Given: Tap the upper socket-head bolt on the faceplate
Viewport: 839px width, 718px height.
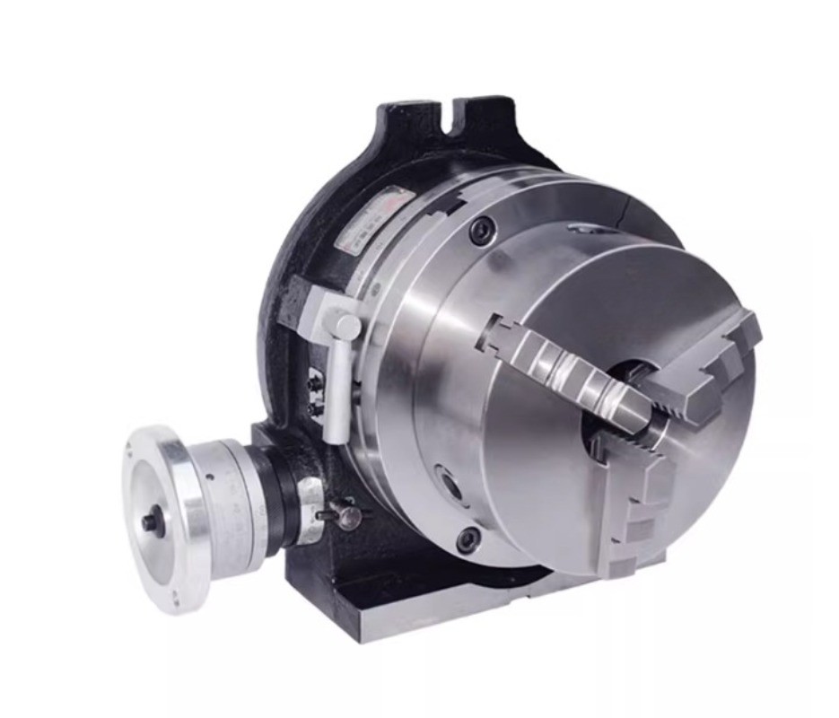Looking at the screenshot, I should [x=482, y=232].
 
